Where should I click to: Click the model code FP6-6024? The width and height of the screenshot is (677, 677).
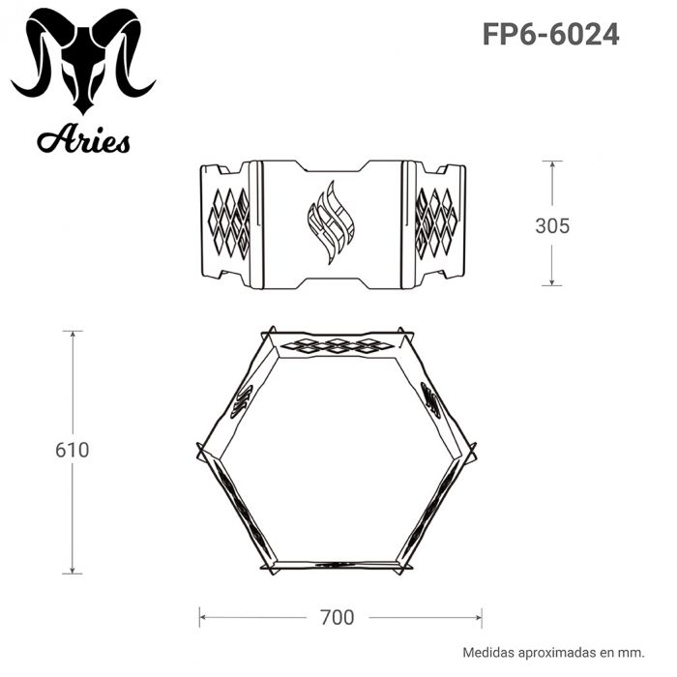click(550, 34)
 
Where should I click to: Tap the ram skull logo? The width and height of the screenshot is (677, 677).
click(83, 60)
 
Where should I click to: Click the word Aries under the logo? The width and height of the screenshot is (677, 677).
click(83, 140)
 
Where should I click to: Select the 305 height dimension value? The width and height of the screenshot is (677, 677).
click(552, 225)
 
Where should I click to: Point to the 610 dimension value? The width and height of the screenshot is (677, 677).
click(73, 450)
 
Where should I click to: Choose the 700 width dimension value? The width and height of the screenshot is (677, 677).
click(338, 617)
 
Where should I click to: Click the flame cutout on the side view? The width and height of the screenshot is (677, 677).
click(331, 222)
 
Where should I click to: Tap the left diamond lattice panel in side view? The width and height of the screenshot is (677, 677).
click(229, 222)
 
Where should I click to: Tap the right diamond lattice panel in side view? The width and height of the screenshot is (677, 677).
click(435, 222)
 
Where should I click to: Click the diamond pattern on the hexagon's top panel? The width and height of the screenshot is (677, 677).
click(338, 345)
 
